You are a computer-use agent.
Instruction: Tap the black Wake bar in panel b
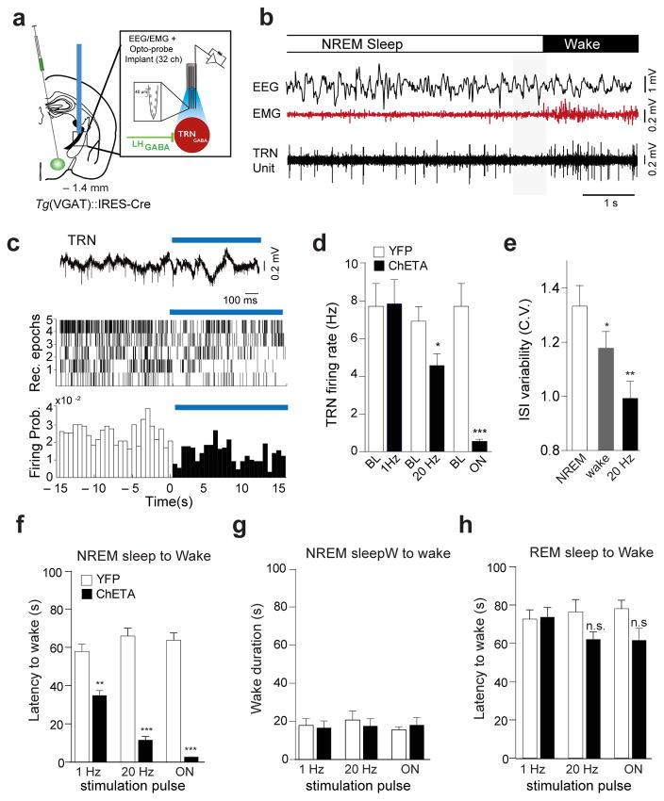pos(590,43)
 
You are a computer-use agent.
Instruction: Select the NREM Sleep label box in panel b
pos(415,43)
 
